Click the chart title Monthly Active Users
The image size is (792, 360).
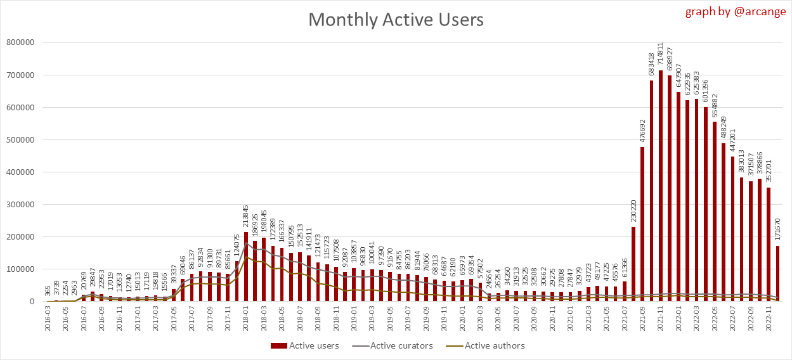(396, 20)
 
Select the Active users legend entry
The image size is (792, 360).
(305, 345)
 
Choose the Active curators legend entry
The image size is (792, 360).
(393, 345)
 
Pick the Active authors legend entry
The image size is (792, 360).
(486, 345)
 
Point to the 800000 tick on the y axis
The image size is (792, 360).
(20, 42)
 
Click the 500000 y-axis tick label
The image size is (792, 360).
(20, 139)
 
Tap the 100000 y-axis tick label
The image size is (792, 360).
(20, 269)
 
